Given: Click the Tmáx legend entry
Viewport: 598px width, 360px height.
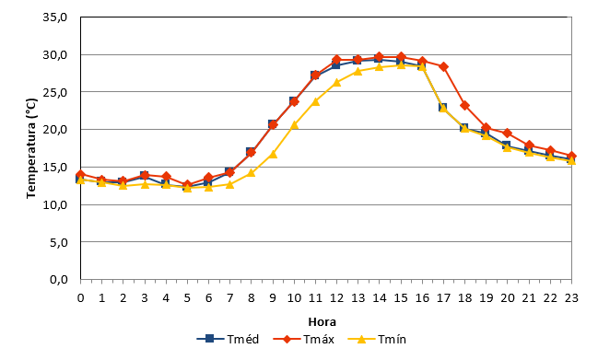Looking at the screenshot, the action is [x=304, y=339].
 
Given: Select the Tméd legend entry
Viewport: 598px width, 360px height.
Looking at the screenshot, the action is [x=229, y=339].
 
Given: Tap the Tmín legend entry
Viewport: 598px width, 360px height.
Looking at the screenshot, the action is [x=377, y=339].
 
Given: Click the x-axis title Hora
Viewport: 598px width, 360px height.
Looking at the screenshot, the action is [x=322, y=322].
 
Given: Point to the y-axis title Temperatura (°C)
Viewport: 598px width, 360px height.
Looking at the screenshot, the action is [x=31, y=148].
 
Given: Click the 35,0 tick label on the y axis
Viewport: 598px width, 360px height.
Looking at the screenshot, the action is [x=55, y=17].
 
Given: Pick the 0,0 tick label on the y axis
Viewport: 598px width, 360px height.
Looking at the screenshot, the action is [x=59, y=279].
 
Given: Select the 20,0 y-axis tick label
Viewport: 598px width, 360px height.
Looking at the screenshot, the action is [x=55, y=130].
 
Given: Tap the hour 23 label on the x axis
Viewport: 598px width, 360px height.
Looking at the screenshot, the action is [x=571, y=298].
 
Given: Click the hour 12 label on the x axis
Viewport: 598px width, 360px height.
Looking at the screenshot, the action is [x=336, y=298].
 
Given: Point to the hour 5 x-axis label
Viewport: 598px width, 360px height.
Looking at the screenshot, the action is [x=187, y=298].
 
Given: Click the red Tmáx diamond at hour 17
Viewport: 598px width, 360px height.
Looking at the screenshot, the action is [x=443, y=66].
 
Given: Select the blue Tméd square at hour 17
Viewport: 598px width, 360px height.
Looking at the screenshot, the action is [x=442, y=108].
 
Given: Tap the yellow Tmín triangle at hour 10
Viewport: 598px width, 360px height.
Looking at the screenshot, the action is [x=294, y=124].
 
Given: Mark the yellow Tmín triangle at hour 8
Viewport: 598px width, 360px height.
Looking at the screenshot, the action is [x=251, y=172].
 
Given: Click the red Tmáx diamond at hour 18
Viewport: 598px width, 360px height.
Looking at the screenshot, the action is [x=464, y=105].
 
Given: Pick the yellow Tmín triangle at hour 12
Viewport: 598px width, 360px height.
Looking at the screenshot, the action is [x=336, y=82].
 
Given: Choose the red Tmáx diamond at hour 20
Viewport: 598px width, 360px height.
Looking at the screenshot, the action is [x=507, y=133].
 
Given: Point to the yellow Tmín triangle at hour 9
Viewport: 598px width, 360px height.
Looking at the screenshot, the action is [x=273, y=154].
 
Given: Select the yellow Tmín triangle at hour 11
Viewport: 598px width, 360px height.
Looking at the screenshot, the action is [x=315, y=101].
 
